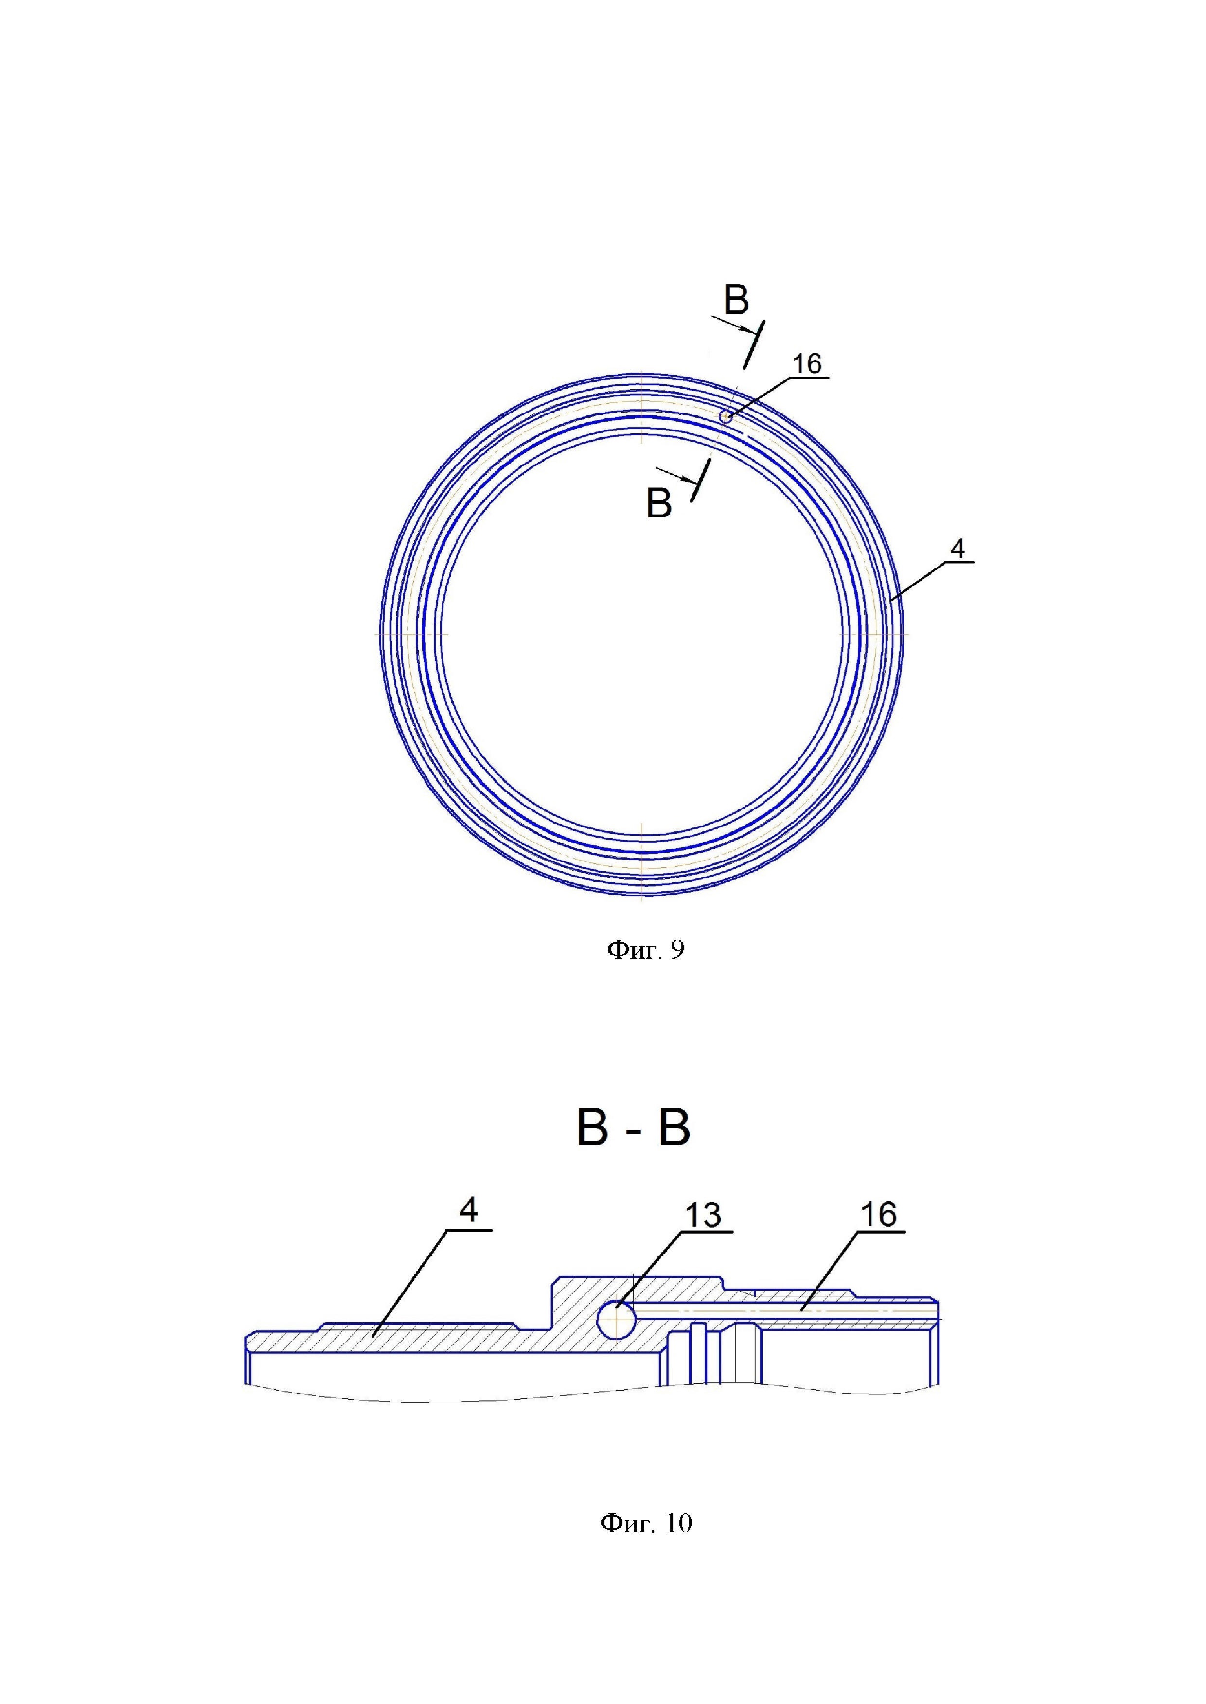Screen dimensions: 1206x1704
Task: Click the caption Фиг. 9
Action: coord(645,950)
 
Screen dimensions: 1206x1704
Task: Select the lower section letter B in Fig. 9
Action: coord(659,503)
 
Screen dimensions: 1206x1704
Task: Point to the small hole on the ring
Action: coord(726,417)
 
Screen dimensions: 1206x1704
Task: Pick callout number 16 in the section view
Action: coord(879,1215)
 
